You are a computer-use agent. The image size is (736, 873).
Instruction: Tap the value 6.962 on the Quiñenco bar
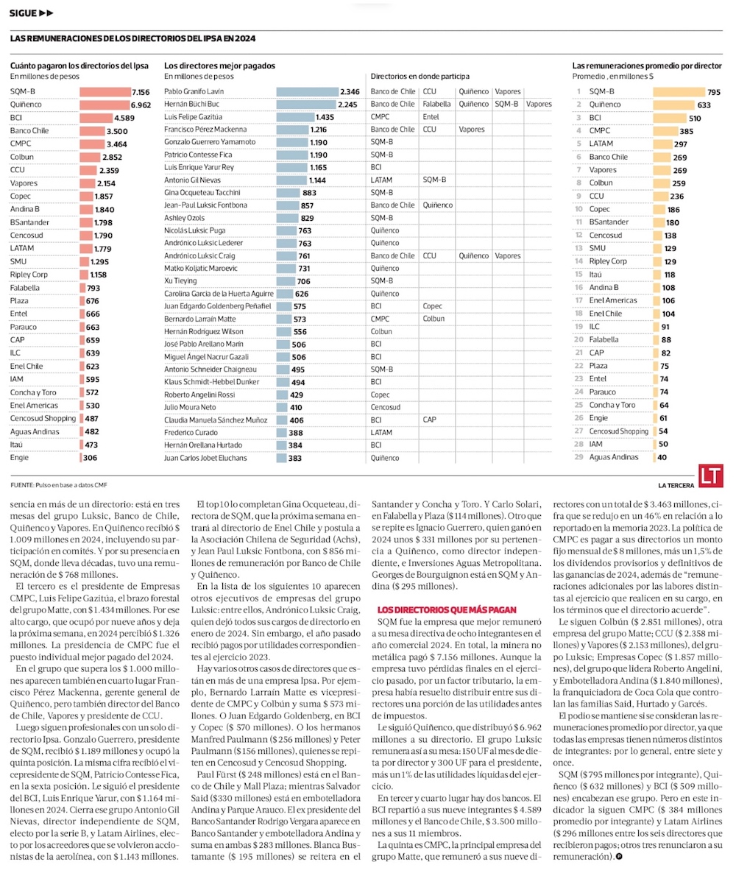point(140,105)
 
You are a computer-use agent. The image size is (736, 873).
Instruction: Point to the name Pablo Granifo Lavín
point(188,91)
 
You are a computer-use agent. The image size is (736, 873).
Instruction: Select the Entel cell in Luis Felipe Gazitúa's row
point(431,116)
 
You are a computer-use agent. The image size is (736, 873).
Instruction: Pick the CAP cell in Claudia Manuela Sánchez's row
point(430,420)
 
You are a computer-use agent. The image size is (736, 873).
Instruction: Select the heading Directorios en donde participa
point(420,76)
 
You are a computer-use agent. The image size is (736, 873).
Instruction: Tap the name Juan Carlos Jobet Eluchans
point(205,457)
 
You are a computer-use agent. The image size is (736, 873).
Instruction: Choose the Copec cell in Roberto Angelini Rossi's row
point(381,395)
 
